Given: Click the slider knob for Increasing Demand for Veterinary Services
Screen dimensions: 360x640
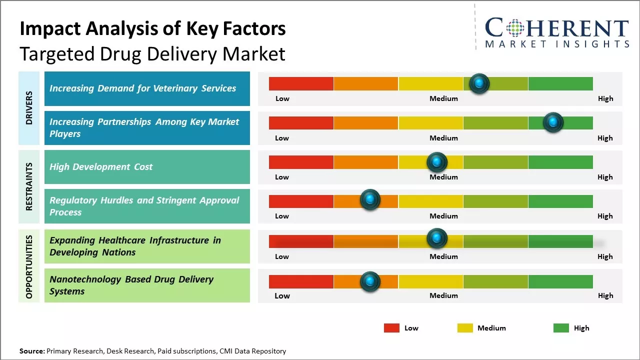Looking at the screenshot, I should point(479,83).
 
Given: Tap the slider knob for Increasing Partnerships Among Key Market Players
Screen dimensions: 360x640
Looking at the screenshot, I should point(553,122).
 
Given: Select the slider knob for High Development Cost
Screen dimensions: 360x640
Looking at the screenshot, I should point(436,162).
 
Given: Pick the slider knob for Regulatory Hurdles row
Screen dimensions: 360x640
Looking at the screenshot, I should point(370,200).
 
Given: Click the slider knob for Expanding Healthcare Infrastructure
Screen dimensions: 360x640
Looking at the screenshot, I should point(436,238).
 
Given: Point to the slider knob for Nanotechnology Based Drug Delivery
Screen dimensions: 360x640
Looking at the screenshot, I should point(370,281).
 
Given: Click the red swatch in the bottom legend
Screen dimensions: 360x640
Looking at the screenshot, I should point(391,328).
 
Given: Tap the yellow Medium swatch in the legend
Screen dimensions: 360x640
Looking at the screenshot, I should point(465,328).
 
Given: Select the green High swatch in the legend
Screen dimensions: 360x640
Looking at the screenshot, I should point(561,328).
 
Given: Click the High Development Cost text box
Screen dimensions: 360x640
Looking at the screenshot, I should point(147,167).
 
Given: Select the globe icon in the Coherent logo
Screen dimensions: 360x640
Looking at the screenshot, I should point(514,28).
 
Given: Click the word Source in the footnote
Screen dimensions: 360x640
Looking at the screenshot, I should point(31,351).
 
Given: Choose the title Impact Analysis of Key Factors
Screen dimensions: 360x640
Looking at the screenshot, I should point(152,28).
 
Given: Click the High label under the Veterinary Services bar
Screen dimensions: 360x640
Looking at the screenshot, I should point(605,98).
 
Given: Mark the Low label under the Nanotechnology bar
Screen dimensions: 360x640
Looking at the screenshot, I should point(282,295).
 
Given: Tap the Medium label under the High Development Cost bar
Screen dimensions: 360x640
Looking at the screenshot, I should point(443,177).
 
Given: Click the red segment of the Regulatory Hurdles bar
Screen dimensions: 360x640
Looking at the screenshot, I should point(301,201).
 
